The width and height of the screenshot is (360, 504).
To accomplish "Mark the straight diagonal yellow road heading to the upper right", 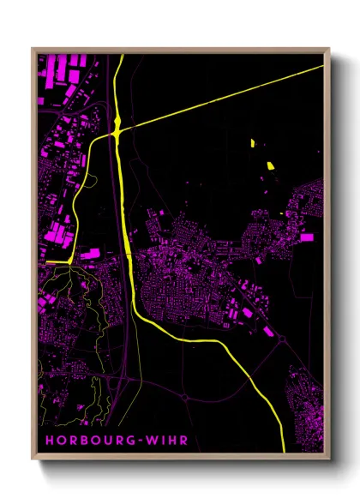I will tap(223, 99).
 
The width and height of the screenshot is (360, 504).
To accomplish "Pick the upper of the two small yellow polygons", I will tap(253, 141).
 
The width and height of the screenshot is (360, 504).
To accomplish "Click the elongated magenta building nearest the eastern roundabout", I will tap(267, 330).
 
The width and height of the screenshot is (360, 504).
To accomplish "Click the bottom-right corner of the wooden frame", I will tap(328, 456).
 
